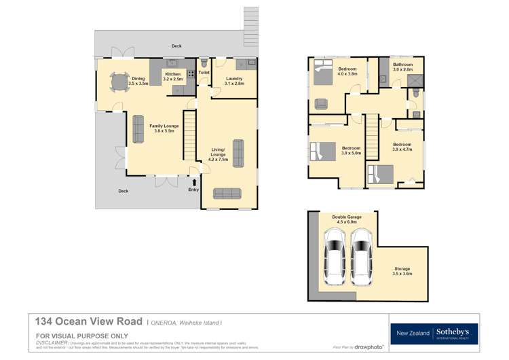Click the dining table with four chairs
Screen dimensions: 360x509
[x=120, y=83]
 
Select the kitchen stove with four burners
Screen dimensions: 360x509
[x=191, y=74]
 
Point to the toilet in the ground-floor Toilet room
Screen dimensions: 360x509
[x=203, y=62]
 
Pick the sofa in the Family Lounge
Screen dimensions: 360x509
[x=138, y=129]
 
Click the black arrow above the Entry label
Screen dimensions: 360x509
[x=195, y=182]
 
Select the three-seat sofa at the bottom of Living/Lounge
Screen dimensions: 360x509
[x=227, y=194]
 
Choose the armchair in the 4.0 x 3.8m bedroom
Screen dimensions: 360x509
[x=321, y=104]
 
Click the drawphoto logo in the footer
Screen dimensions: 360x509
[x=371, y=346]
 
